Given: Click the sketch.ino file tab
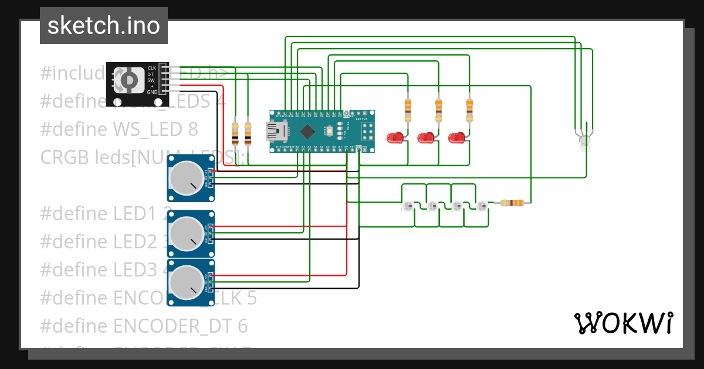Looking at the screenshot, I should (103, 26).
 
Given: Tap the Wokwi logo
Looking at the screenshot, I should (623, 323).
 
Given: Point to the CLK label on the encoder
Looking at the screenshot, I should (151, 68).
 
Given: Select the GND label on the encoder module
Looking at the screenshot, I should (151, 92).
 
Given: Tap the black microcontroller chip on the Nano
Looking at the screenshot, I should (308, 131).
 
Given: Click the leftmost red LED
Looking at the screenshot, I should (395, 139).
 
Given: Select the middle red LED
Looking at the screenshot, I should (425, 139).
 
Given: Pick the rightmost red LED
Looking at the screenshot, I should (456, 139).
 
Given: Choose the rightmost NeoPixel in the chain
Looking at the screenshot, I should (482, 206).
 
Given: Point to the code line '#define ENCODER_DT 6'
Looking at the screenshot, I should (144, 326).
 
